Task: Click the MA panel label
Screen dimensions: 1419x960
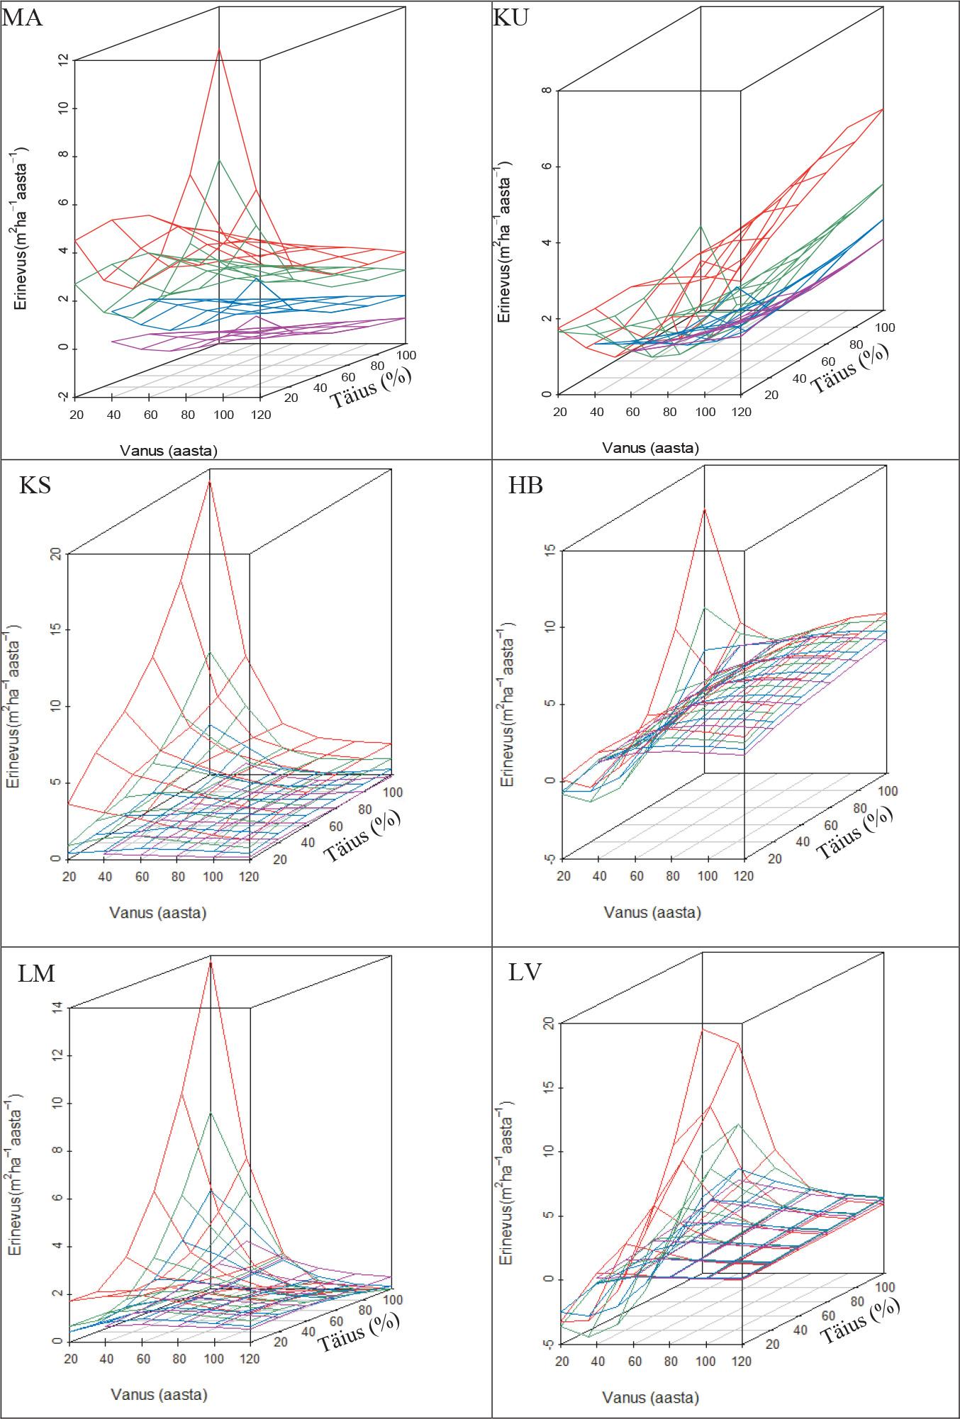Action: [x=23, y=16]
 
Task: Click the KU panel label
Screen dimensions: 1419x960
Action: [x=510, y=16]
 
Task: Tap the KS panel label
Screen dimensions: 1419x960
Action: [x=35, y=486]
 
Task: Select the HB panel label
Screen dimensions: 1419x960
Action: [x=525, y=486]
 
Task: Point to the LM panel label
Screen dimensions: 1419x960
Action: [x=36, y=973]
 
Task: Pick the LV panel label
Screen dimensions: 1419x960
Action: [x=525, y=972]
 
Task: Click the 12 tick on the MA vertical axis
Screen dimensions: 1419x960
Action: [x=64, y=60]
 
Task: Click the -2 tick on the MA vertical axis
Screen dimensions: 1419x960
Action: [x=64, y=396]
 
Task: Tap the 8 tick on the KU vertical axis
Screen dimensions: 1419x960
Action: [x=547, y=91]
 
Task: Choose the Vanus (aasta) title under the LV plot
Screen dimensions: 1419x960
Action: [x=650, y=1398]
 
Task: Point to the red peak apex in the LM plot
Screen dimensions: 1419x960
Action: [x=211, y=964]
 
